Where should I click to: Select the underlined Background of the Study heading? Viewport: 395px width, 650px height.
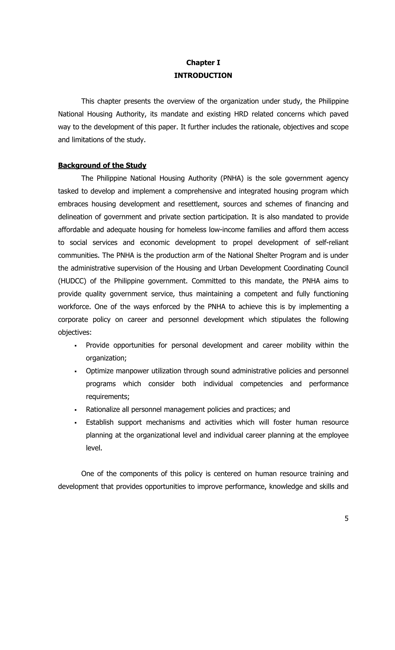(102, 165)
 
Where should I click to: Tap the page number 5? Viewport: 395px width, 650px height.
(346, 518)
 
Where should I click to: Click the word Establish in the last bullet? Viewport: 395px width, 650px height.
(100, 422)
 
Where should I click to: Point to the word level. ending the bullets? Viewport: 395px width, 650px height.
(94, 448)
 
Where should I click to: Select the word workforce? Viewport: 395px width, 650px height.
(74, 307)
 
